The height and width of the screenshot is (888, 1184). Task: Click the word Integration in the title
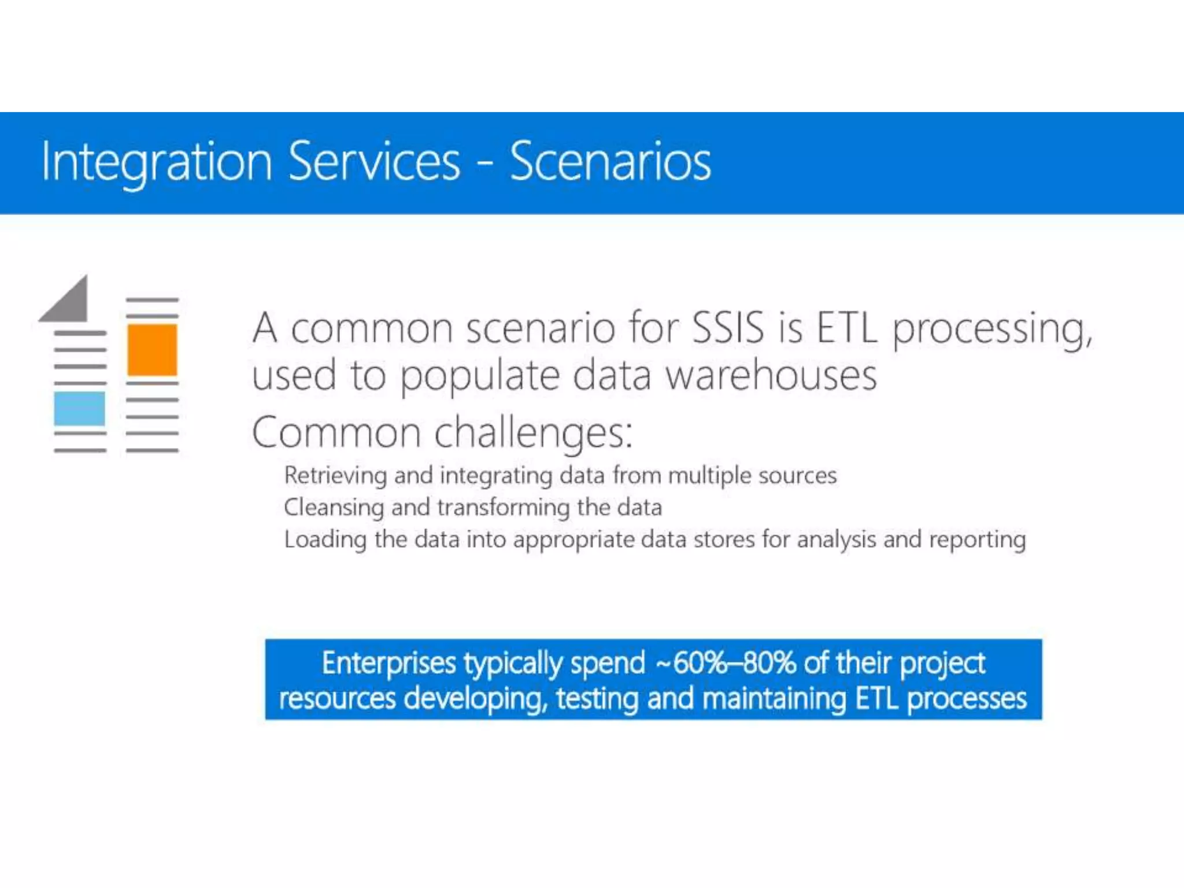[156, 162]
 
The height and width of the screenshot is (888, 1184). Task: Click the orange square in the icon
[152, 350]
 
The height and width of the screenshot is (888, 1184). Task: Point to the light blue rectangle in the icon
[80, 408]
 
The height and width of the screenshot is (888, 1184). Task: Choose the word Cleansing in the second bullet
[334, 508]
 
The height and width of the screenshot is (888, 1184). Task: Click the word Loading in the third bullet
[325, 540]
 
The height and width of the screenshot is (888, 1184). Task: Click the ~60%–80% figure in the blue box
[726, 663]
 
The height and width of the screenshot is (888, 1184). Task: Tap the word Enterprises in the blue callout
[388, 663]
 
